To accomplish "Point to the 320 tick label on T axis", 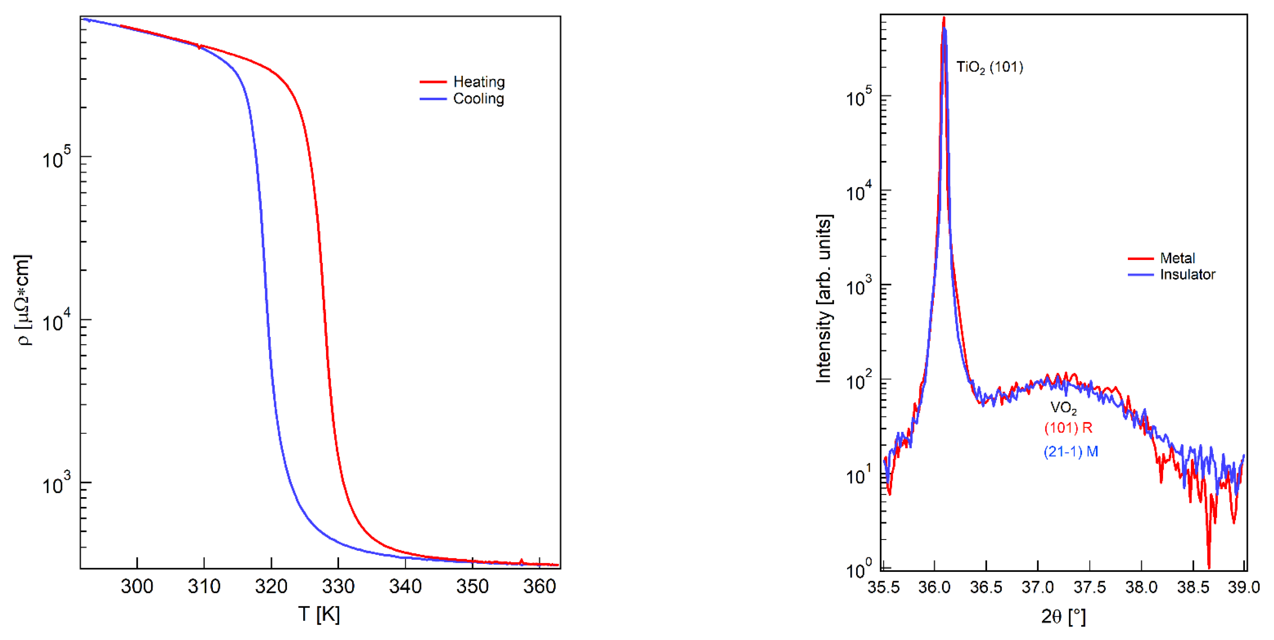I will click(x=271, y=587).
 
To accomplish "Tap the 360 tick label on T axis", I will click(x=540, y=587).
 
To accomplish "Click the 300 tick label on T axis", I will click(x=137, y=587).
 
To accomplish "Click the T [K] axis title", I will click(x=319, y=614).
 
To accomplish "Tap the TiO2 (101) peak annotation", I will click(x=989, y=67).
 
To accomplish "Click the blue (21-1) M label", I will click(x=1071, y=451).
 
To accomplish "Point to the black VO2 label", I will click(x=1063, y=408).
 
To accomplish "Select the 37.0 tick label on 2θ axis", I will click(x=1038, y=587).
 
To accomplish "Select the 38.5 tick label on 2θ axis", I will click(x=1193, y=587).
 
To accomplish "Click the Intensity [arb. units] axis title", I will click(x=824, y=299).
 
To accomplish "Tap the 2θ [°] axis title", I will click(x=1063, y=616).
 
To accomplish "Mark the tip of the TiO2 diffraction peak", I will click(x=944, y=18).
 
